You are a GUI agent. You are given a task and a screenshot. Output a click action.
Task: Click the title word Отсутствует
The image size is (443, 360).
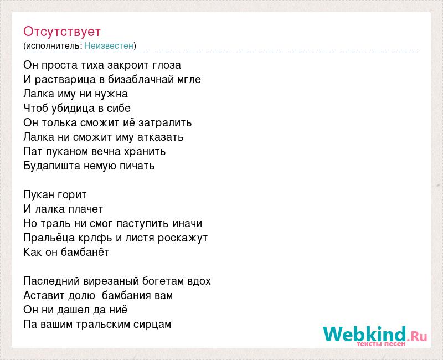pyautogui.click(x=62, y=32)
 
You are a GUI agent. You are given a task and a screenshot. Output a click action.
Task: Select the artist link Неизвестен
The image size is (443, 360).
pyautogui.click(x=109, y=45)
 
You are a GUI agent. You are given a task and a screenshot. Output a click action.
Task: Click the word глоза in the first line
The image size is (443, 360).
pyautogui.click(x=167, y=65)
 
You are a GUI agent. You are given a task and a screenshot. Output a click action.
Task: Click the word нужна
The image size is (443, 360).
pyautogui.click(x=111, y=94)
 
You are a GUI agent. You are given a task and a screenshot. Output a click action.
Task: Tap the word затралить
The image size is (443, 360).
pyautogui.click(x=165, y=122)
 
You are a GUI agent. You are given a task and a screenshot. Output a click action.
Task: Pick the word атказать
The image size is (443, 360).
pyautogui.click(x=161, y=137)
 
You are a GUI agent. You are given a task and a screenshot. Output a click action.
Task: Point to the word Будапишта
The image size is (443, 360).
pyautogui.click(x=52, y=166)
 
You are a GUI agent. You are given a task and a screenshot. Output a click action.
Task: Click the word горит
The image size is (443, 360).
pyautogui.click(x=72, y=195)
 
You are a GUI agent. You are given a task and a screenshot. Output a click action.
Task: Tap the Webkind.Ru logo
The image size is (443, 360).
pyautogui.click(x=375, y=336)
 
